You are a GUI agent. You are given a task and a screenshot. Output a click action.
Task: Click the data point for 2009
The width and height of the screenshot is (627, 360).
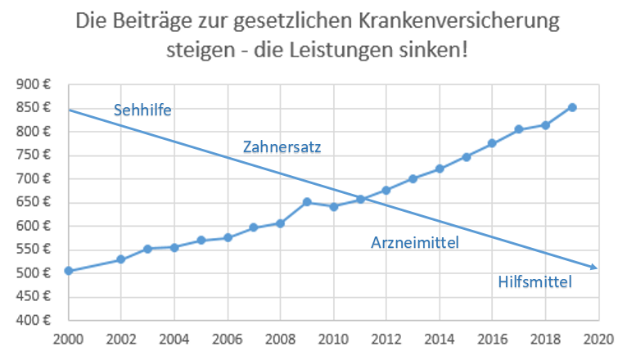[307, 202]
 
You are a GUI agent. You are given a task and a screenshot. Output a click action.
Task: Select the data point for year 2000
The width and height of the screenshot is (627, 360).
[69, 271]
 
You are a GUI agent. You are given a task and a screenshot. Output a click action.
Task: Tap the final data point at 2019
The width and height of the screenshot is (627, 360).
[572, 107]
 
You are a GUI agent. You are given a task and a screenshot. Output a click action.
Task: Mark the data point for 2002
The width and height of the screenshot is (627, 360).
[121, 259]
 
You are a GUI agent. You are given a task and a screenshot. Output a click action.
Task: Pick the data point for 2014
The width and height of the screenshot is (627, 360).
[440, 169]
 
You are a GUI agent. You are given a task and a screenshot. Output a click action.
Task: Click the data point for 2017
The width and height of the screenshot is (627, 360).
[519, 129]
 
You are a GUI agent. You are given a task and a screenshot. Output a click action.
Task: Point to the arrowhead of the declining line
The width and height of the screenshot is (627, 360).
[595, 267]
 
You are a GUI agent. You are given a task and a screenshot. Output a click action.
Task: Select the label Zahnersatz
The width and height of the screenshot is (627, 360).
[282, 148]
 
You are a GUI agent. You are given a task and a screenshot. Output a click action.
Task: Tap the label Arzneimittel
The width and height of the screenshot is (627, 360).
[415, 242]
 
